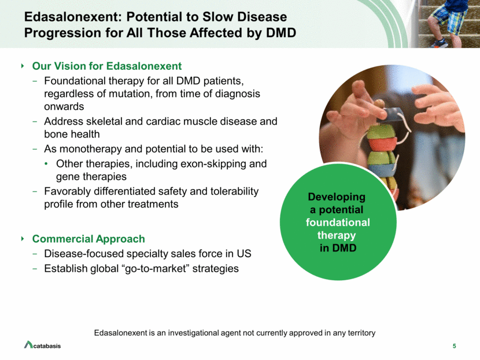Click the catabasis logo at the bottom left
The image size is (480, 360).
tap(42, 345)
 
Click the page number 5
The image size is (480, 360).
tap(455, 346)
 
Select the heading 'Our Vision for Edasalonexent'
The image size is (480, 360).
tap(107, 66)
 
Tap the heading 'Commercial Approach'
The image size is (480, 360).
tap(88, 239)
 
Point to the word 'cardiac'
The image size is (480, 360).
tap(164, 121)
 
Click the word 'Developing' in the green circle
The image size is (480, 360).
tap(337, 197)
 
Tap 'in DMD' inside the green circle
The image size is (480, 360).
tap(338, 248)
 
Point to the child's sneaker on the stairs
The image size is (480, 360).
tap(439, 43)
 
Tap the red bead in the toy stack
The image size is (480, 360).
tap(382, 144)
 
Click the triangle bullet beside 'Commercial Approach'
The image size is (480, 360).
tap(23, 239)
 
